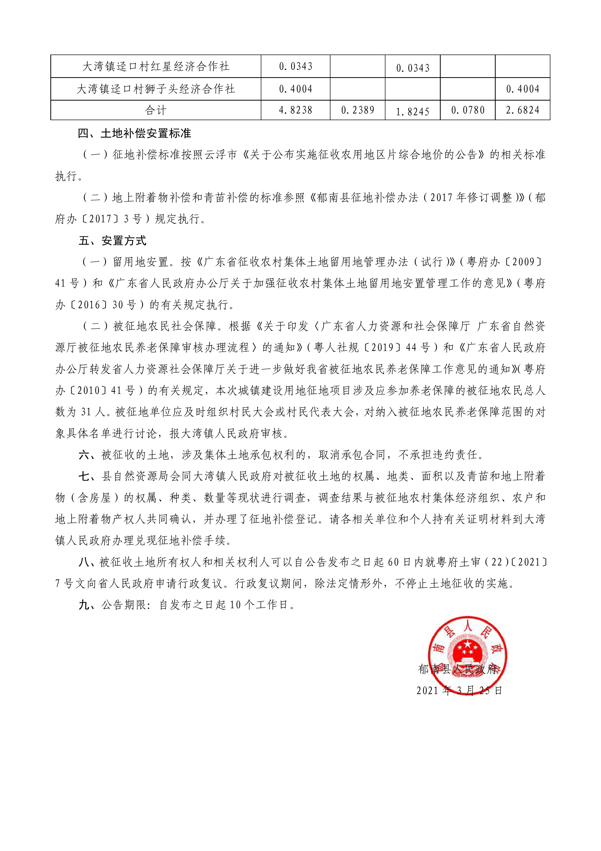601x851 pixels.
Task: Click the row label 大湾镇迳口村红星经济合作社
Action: pos(155,67)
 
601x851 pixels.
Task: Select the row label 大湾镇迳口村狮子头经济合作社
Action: pos(155,89)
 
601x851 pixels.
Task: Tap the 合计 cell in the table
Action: pos(155,110)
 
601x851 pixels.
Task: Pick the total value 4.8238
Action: pos(295,110)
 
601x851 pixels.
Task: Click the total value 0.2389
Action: pos(357,110)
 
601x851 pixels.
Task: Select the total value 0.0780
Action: pos(468,110)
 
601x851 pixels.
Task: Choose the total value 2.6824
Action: pos(522,110)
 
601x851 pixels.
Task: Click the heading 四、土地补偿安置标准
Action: pos(134,134)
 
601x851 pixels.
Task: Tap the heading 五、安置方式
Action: pos(112,241)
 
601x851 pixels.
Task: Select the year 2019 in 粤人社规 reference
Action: pos(382,348)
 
